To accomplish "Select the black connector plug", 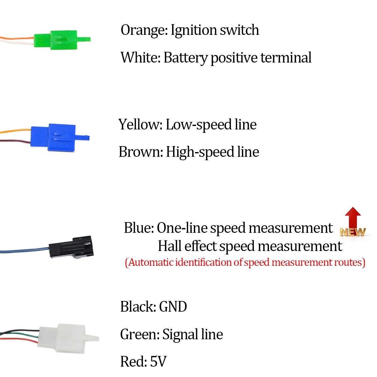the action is (x=71, y=247).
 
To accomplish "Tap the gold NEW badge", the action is (x=352, y=232).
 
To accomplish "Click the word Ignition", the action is (x=194, y=30).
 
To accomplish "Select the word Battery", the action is (x=185, y=58).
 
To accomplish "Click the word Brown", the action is (x=141, y=152).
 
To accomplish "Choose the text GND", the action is (x=173, y=307).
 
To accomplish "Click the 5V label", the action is (x=158, y=361).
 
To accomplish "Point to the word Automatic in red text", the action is (x=150, y=262).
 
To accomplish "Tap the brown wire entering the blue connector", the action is (x=15, y=141).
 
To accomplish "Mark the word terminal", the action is (x=286, y=58).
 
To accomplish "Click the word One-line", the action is (x=182, y=228).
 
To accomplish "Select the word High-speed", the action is (x=200, y=152).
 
